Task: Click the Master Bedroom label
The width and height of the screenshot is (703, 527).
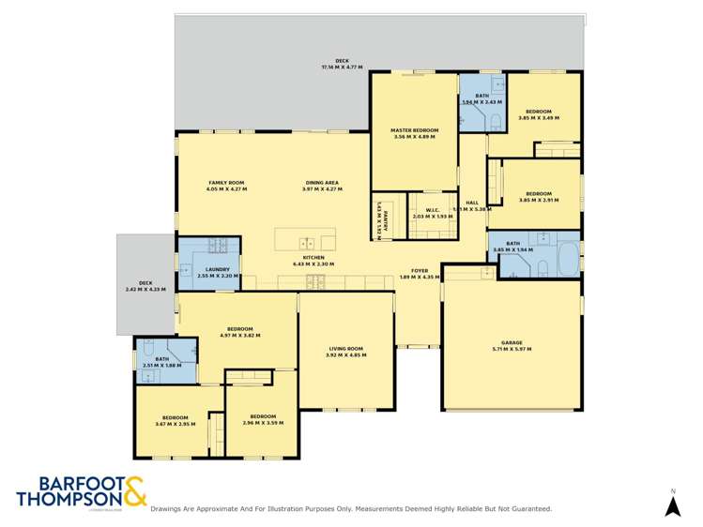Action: click(414, 133)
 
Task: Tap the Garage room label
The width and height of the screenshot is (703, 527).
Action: click(511, 345)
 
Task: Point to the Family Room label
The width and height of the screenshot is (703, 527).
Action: click(225, 185)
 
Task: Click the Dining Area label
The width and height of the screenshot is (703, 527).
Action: click(321, 185)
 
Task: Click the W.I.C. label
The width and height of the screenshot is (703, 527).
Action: click(433, 212)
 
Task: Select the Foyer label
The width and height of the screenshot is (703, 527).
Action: click(419, 272)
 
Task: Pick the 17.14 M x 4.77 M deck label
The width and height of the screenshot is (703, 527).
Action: click(342, 64)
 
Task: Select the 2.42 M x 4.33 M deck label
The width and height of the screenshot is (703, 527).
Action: click(145, 285)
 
